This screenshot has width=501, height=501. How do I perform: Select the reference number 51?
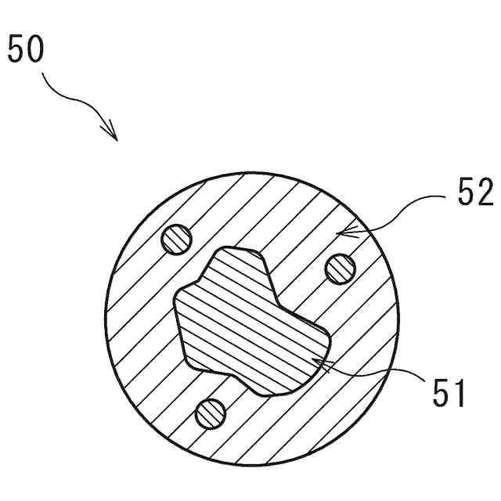[x=448, y=392]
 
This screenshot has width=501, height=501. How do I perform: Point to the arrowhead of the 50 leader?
[x=115, y=138]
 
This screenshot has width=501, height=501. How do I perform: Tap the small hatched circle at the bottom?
[x=210, y=413]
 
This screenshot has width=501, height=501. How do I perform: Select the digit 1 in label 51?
[x=459, y=392]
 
